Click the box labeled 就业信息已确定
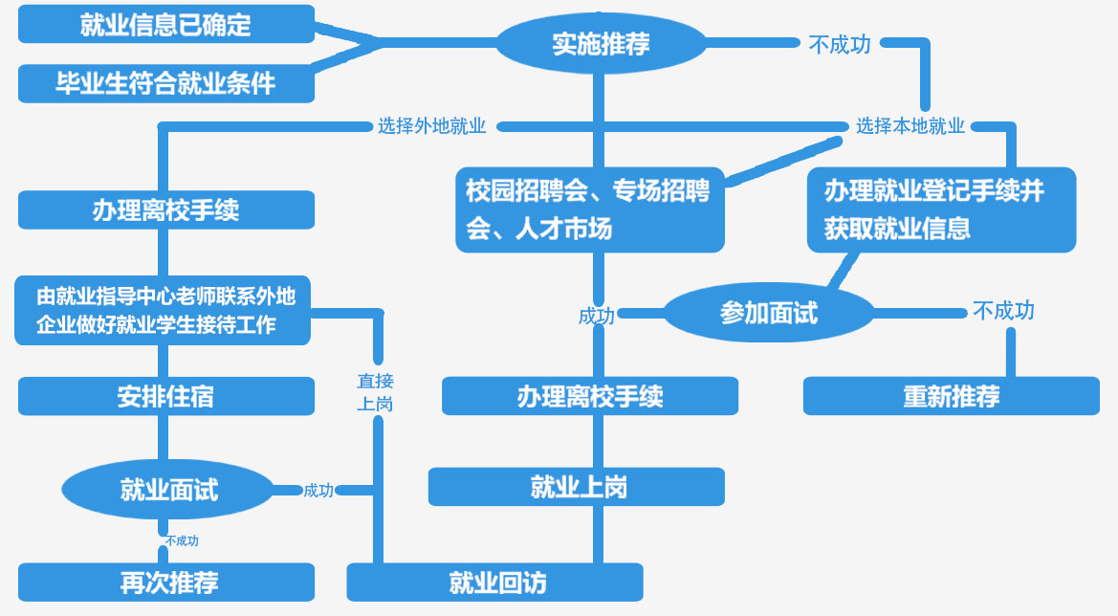(165, 24)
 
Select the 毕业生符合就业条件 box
(165, 83)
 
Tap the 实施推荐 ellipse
(601, 43)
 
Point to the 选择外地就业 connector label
(431, 126)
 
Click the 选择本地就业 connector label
(910, 126)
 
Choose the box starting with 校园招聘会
(589, 209)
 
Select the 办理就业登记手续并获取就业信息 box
(941, 209)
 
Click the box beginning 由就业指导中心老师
(163, 310)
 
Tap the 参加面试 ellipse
(769, 313)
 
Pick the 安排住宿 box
(165, 396)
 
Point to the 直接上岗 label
(375, 392)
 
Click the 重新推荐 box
(951, 396)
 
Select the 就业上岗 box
(576, 487)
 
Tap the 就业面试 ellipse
(168, 490)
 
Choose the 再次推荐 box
(165, 582)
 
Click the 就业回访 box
(494, 582)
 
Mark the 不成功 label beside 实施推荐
(840, 44)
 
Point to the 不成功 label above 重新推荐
(1003, 311)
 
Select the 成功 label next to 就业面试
(318, 491)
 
